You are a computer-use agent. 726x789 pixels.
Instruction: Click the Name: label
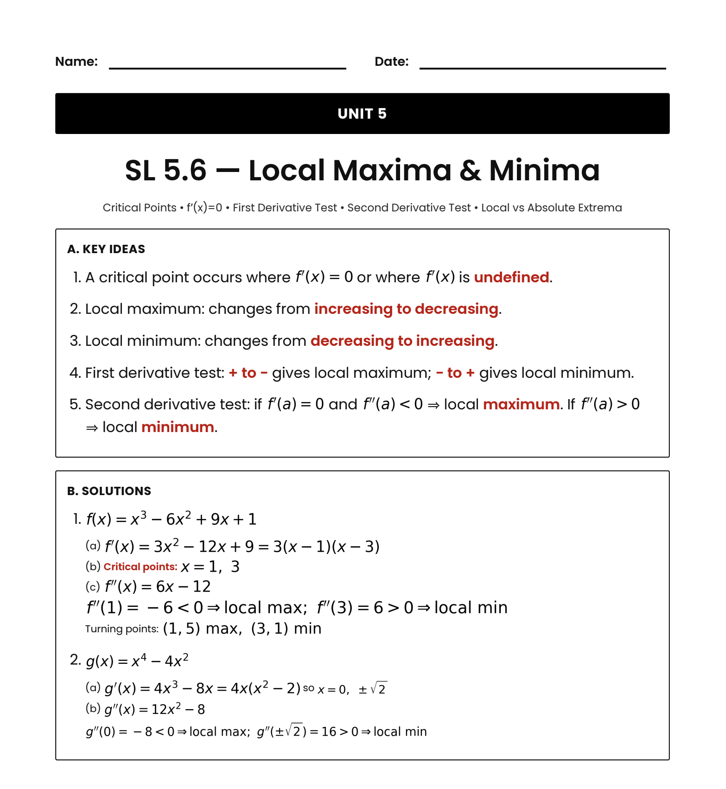[x=76, y=62]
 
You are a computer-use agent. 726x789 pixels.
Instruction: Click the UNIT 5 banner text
[x=362, y=114]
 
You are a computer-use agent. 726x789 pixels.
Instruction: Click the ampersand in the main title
[x=470, y=170]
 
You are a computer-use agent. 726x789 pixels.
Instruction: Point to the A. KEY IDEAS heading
[x=106, y=249]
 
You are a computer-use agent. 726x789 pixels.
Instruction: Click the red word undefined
[x=511, y=277]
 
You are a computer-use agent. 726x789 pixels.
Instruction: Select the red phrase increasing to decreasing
[x=406, y=309]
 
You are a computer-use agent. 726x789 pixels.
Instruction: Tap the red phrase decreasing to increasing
[x=402, y=341]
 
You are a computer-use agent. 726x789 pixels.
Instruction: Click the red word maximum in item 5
[x=521, y=404]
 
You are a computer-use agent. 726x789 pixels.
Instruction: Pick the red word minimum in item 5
[x=178, y=427]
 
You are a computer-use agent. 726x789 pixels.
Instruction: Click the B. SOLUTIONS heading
[x=109, y=491]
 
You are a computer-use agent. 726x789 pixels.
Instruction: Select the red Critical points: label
[x=140, y=566]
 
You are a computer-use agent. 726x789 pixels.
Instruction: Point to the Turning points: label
[x=122, y=629]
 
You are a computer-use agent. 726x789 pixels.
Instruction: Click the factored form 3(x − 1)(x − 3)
[x=326, y=547]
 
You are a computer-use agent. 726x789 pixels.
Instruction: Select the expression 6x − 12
[x=184, y=587]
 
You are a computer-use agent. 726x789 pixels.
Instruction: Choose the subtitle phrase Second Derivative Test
[x=409, y=208]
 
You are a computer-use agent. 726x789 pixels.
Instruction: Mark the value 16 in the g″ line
[x=329, y=732]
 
